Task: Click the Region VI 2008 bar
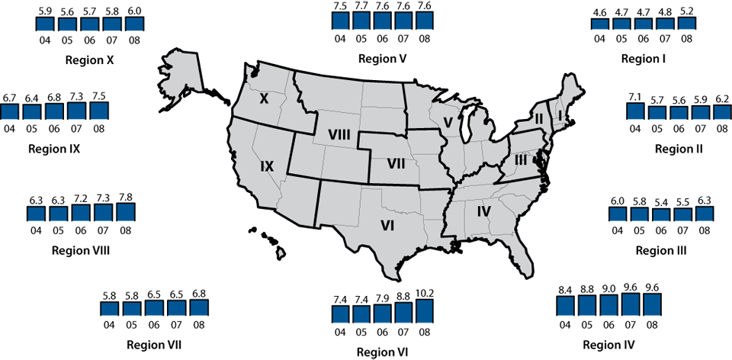tap(425, 311)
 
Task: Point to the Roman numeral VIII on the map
tap(339, 135)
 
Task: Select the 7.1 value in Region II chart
tap(635, 95)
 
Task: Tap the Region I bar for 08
tap(686, 24)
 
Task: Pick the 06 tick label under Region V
tap(380, 38)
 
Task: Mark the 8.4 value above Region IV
tap(565, 289)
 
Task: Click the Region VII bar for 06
tap(155, 308)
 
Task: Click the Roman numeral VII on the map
tap(394, 163)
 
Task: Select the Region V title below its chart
tap(381, 59)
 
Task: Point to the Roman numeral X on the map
tap(265, 98)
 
